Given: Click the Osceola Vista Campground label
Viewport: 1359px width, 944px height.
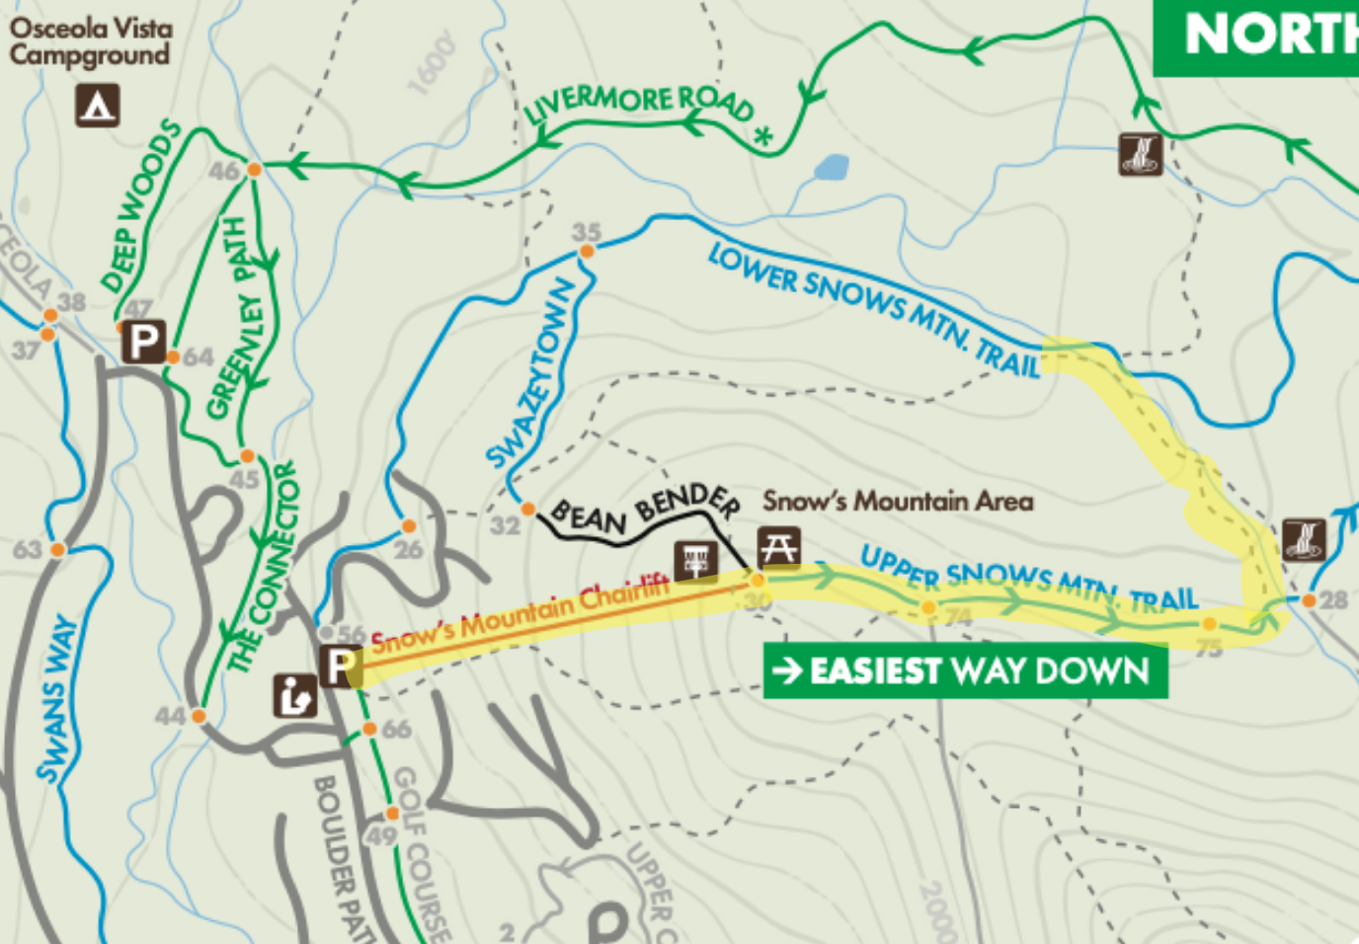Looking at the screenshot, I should (x=90, y=40).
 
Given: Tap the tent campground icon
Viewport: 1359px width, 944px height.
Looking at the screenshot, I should (x=98, y=105).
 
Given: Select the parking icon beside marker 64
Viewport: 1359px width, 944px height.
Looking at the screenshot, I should (x=143, y=343).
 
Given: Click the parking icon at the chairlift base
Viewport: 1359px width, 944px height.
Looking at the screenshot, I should (x=339, y=666).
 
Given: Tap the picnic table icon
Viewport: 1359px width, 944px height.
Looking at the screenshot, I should (x=778, y=547).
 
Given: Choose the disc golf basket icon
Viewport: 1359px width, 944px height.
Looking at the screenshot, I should (x=696, y=560).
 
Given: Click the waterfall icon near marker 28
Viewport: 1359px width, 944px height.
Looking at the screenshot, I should (x=1304, y=540).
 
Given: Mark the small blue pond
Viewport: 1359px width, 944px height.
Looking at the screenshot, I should (x=831, y=168).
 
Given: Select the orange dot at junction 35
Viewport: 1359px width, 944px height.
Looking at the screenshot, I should (x=587, y=252).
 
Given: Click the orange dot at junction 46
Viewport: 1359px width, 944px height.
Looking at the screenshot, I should (x=254, y=170).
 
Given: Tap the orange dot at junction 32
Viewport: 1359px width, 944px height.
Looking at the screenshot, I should (x=528, y=510).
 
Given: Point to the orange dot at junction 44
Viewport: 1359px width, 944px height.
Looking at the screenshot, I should (x=199, y=716).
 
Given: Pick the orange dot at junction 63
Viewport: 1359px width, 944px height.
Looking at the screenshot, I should (x=57, y=549).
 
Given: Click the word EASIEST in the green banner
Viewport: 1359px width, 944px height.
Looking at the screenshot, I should (x=874, y=671).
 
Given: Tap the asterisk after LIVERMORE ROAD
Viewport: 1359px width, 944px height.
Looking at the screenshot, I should (x=762, y=136).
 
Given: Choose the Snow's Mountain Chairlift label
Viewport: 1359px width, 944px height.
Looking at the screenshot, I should (x=520, y=617).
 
